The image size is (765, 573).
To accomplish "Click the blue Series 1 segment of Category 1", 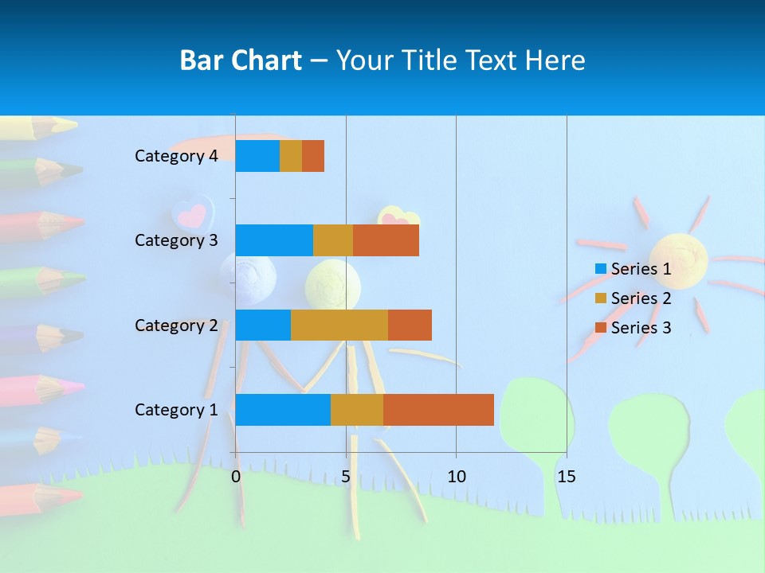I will click(x=283, y=410).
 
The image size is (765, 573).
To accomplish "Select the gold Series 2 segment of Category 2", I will click(x=339, y=325).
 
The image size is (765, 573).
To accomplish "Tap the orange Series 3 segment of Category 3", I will click(x=386, y=240).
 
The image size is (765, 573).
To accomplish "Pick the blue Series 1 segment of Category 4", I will click(x=257, y=156).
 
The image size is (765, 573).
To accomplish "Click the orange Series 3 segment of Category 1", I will click(x=438, y=410).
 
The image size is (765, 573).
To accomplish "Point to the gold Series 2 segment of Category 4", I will click(x=291, y=156).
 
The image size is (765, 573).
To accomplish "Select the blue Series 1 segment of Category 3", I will click(x=274, y=240).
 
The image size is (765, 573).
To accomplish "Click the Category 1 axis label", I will click(x=176, y=410).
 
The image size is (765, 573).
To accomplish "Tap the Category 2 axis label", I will click(x=176, y=325).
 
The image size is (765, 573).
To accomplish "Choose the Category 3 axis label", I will click(x=176, y=240).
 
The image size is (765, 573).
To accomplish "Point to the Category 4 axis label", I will click(x=176, y=156).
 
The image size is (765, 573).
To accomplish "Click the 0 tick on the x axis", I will click(x=236, y=477).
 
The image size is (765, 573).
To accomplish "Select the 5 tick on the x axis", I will click(x=346, y=477).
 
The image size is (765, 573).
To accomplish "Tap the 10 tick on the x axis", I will click(x=456, y=477).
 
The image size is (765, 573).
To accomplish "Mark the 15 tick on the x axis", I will click(x=566, y=477).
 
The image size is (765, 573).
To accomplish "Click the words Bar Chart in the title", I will click(x=241, y=60).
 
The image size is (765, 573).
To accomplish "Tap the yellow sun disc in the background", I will click(x=679, y=259).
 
